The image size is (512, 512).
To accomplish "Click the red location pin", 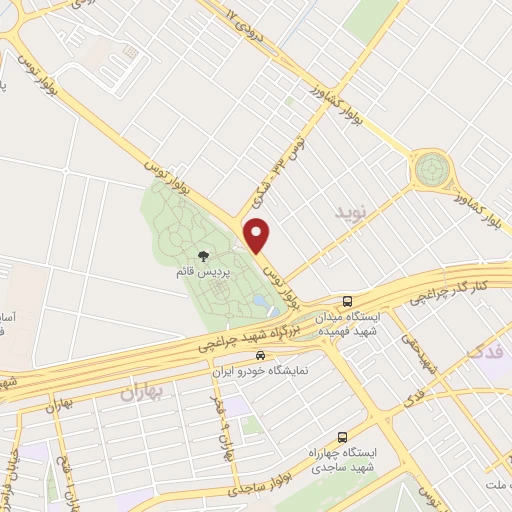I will [258, 235].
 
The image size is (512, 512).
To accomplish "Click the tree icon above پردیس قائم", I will [204, 258].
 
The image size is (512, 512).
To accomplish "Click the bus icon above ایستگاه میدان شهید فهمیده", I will [347, 300].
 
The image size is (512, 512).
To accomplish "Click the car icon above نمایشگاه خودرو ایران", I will [261, 355].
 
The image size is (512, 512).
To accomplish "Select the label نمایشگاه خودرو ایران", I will [261, 370].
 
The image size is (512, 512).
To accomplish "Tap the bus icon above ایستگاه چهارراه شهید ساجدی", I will [343, 437].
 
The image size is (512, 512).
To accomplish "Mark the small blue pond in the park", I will [260, 299].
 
